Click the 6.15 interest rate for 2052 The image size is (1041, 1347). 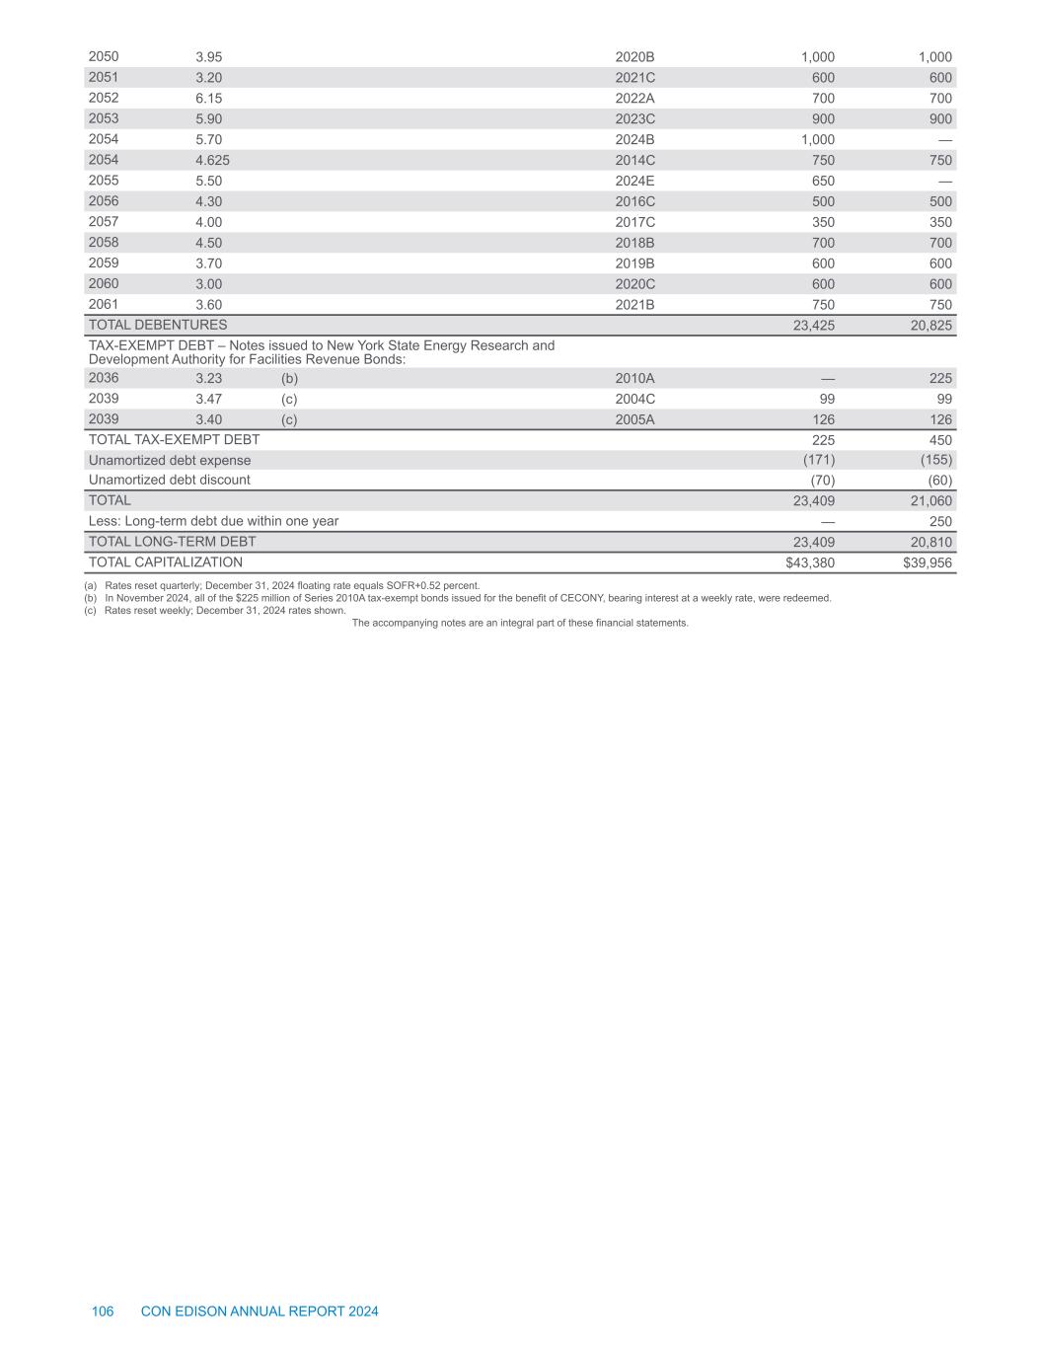pos(209,99)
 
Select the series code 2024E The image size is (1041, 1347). pos(634,182)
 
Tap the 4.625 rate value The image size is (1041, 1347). pos(213,161)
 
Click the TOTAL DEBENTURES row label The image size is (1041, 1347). pos(158,325)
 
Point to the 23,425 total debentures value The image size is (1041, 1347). pos(814,326)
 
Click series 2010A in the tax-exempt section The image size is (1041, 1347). pos(634,379)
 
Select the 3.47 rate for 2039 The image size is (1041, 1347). pos(209,400)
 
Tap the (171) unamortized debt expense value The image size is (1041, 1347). pos(817,461)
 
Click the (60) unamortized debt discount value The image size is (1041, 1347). pos(939,481)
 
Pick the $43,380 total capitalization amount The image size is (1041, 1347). pos(810,562)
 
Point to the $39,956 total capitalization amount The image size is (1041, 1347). pos(928,562)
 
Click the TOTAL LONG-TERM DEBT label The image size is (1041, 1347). pos(173,542)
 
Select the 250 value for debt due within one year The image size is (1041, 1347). pos(940,521)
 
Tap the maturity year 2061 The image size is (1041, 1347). pos(104,305)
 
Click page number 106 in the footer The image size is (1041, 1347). pos(103,1311)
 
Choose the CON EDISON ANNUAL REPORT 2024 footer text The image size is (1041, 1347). pos(260,1311)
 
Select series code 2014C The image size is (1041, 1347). pos(634,161)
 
